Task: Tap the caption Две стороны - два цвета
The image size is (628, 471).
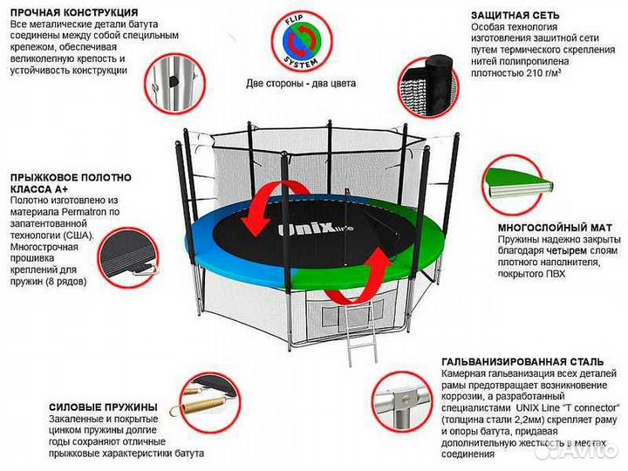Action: tap(301, 85)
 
